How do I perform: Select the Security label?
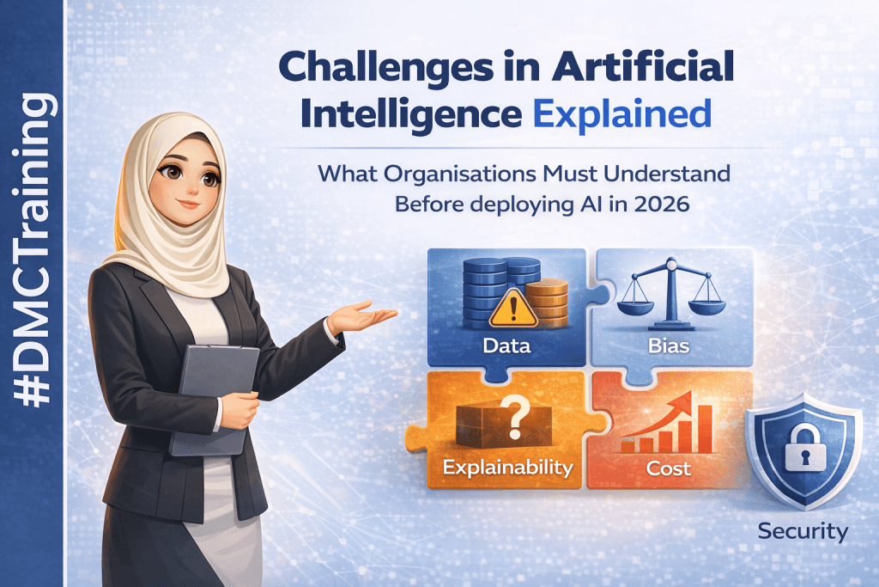coord(803,531)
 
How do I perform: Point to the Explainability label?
coord(507,468)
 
